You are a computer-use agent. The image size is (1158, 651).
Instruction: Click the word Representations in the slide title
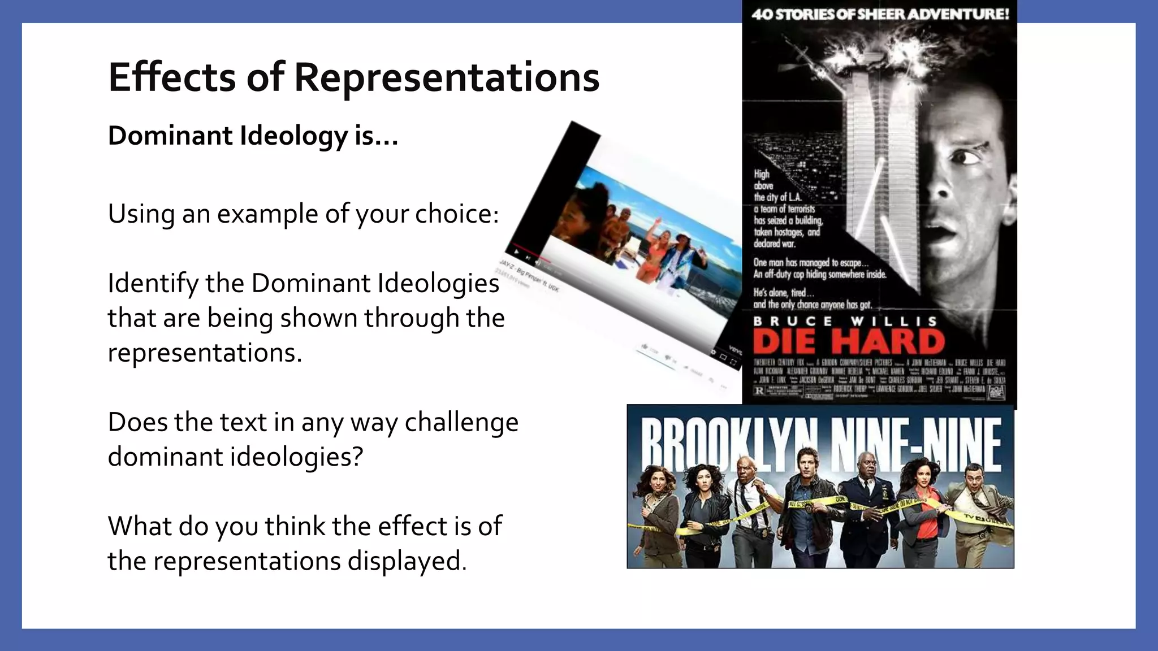click(447, 78)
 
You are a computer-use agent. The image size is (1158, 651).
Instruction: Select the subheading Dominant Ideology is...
click(253, 136)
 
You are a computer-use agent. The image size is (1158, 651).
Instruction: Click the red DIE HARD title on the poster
click(849, 341)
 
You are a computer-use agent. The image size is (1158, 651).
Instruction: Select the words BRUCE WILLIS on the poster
click(845, 321)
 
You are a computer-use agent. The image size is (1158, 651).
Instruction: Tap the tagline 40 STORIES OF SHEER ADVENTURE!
click(880, 14)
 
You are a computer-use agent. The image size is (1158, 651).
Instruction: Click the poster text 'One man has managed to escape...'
click(807, 262)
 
